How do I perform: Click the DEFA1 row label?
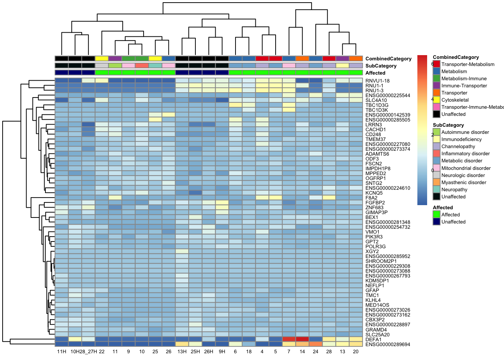(373, 339)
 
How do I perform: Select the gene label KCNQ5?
(374, 193)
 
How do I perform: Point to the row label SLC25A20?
(377, 334)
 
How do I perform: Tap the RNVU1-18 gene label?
(377, 81)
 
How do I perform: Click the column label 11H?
(61, 351)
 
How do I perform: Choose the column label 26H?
(208, 351)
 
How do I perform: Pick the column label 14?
(302, 351)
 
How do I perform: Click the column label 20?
(355, 351)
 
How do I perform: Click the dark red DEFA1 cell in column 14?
(302, 339)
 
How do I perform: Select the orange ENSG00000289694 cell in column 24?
(315, 344)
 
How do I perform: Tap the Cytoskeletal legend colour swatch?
(436, 100)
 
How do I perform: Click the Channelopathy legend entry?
(458, 147)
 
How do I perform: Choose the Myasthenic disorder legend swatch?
(436, 183)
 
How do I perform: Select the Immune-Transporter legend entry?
(464, 86)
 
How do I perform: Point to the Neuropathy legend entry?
(454, 190)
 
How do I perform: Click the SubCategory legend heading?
(448, 125)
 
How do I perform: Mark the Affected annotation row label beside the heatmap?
(375, 73)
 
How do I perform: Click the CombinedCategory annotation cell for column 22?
(102, 58)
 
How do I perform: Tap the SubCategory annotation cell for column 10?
(142, 66)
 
